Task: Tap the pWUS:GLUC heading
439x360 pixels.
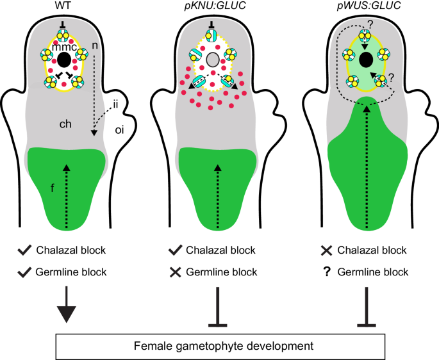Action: pos(366,7)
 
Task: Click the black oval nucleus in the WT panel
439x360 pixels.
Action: pos(64,60)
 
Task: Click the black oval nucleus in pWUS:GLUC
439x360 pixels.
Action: pos(366,60)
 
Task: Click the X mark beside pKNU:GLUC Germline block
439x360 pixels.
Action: pos(176,272)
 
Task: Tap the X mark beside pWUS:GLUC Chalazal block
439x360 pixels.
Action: pos(327,250)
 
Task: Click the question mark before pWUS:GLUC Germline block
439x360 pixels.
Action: pos(327,272)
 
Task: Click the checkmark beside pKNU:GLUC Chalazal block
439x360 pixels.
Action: pos(176,250)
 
